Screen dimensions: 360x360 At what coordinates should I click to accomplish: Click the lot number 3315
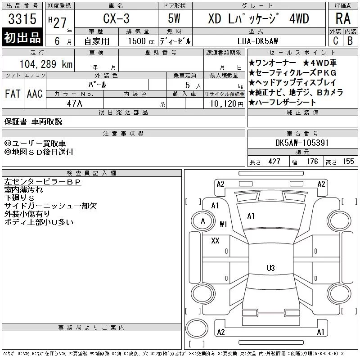pos(22,19)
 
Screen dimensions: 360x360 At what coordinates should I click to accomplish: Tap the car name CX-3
pos(116,18)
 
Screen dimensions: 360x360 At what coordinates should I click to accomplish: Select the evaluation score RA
pos(343,18)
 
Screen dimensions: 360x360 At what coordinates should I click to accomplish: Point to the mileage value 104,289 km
pos(46,64)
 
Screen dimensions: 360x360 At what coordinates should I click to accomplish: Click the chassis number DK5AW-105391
pos(301,143)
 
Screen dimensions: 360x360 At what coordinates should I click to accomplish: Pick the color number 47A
pos(74,103)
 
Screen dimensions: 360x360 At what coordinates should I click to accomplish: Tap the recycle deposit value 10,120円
pos(226,104)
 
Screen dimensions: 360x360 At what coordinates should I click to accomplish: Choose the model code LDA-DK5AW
pos(257,41)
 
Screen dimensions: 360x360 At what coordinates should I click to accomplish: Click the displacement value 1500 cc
pos(141,41)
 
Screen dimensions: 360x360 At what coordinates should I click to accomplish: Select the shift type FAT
pos(13,94)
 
